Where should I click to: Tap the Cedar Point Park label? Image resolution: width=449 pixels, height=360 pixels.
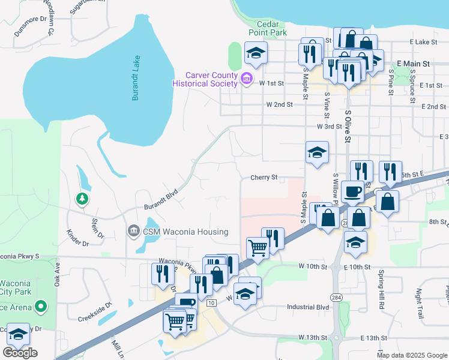coord(268,28)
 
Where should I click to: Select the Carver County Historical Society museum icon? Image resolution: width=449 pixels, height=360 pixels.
coord(246,79)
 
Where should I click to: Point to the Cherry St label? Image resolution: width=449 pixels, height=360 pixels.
coord(264,178)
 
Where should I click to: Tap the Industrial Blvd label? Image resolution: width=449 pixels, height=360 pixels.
coord(308,307)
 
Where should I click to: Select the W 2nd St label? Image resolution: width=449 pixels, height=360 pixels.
coord(279,104)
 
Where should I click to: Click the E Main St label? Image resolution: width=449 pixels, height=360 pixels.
coord(414,63)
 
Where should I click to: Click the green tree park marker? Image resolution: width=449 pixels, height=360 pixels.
coord(82,199)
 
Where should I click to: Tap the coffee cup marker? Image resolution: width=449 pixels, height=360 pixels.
coord(353,191)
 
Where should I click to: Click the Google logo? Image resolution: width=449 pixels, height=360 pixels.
coord(20,353)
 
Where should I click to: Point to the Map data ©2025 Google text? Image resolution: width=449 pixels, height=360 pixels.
coord(411,355)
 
